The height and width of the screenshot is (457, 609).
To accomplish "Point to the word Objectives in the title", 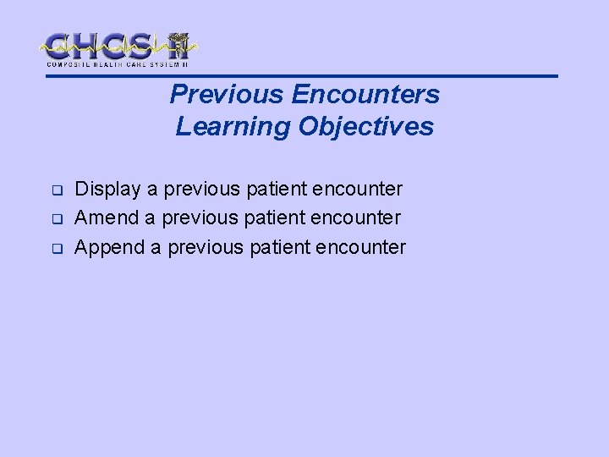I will click(365, 127).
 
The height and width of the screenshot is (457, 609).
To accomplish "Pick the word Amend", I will click(106, 217).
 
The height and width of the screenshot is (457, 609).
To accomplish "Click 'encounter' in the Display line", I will click(361, 189).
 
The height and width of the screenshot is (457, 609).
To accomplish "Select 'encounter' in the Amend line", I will click(359, 217).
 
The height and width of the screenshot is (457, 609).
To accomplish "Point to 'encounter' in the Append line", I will click(365, 247).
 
